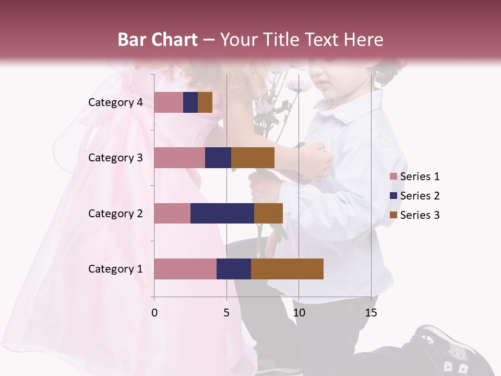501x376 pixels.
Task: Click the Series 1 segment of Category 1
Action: (x=185, y=269)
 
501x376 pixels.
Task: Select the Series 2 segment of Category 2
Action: (x=222, y=213)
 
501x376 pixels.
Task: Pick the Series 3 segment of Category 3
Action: (x=253, y=158)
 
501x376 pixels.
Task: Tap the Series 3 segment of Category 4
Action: (x=205, y=102)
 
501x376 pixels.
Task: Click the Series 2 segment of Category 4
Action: (x=190, y=102)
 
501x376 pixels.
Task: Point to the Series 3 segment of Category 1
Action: (x=287, y=269)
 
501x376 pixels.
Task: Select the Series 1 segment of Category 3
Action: (x=180, y=158)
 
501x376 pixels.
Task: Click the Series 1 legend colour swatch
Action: (x=393, y=177)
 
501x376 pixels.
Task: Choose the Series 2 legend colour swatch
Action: (x=393, y=196)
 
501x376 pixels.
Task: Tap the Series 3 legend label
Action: (x=420, y=215)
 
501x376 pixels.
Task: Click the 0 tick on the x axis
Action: (x=154, y=313)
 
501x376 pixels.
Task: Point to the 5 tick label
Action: (x=226, y=313)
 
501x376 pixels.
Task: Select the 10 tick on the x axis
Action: (x=299, y=313)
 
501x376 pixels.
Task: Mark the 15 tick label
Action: (x=371, y=313)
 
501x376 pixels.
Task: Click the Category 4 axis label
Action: (x=115, y=102)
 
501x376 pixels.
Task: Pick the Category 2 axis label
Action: (x=115, y=213)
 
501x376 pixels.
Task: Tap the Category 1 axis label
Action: (x=115, y=269)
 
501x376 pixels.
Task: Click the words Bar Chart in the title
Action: (x=158, y=40)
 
